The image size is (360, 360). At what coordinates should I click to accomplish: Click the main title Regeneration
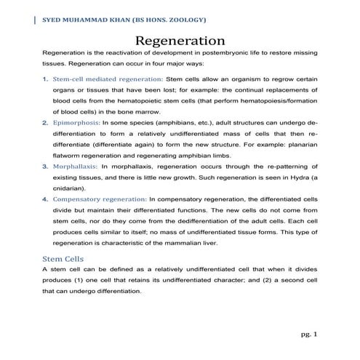click(180, 39)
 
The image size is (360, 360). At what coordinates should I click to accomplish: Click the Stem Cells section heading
click(63, 258)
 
